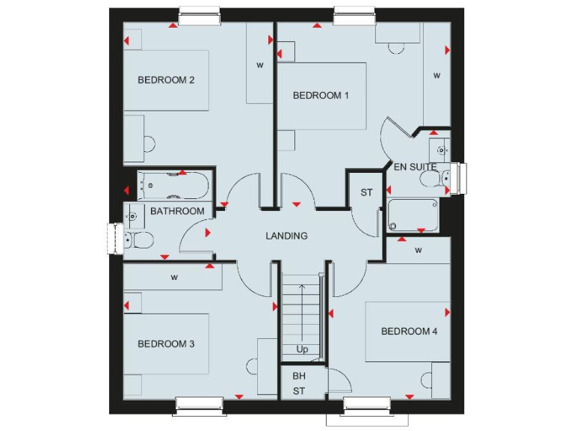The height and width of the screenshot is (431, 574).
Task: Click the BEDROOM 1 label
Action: [x=321, y=95]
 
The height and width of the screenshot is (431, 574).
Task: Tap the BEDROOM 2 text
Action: [x=166, y=80]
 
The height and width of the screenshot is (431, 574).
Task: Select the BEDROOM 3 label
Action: [x=166, y=344]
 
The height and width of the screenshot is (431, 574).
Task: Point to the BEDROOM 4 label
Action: [x=409, y=331]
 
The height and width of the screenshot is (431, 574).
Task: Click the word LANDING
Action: [x=286, y=236]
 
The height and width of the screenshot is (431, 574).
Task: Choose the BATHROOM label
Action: [x=177, y=211]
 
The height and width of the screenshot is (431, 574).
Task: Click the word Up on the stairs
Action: [x=302, y=349]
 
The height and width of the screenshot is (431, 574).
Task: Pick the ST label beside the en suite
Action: [x=366, y=193]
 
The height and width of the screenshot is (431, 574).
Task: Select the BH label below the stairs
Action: [x=299, y=376]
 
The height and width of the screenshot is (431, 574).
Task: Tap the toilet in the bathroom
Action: [x=139, y=239]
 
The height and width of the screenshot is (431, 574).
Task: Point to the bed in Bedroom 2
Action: [x=166, y=81]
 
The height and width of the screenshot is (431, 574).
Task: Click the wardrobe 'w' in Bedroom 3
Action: [x=173, y=278]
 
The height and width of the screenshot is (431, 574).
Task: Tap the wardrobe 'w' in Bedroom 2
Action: [x=260, y=66]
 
